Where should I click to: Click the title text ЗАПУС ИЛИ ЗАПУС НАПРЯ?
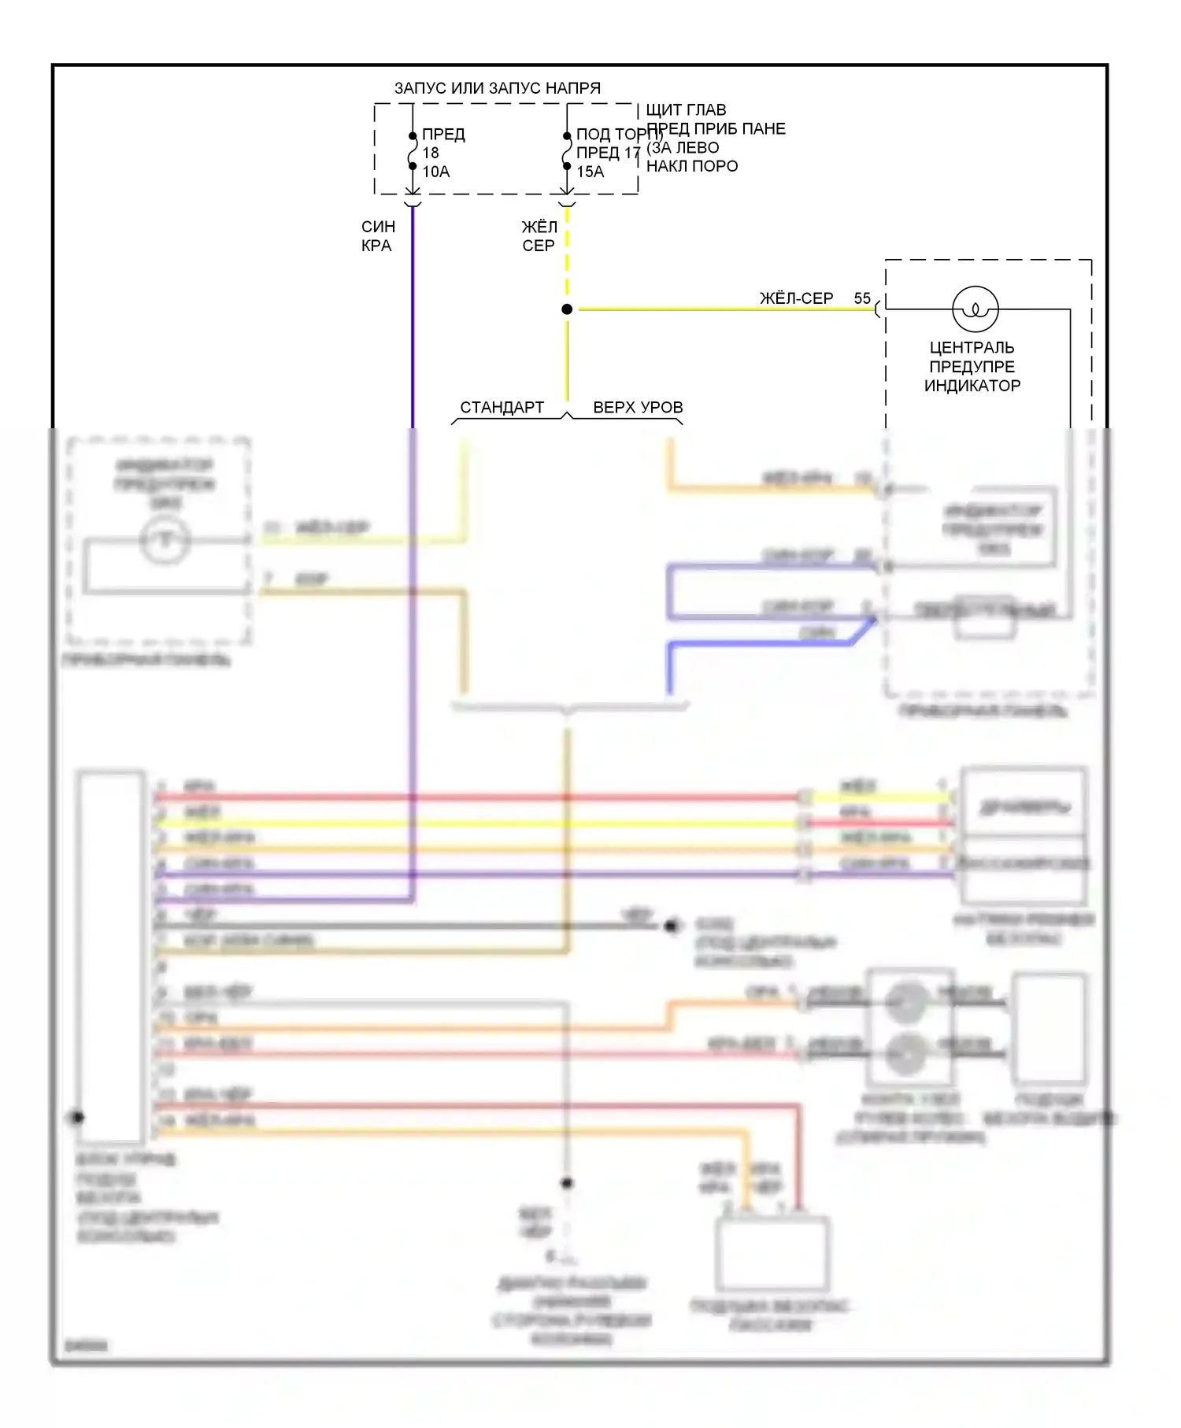click(x=497, y=88)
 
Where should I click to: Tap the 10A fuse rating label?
click(x=436, y=172)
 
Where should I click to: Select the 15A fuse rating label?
click(x=590, y=172)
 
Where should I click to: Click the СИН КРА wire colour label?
click(x=377, y=236)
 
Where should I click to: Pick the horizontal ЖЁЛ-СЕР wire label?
click(x=796, y=298)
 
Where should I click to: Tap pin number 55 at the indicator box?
click(x=862, y=298)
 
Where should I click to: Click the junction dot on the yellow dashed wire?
click(x=567, y=309)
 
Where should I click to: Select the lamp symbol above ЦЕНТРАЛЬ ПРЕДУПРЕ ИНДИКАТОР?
click(x=976, y=309)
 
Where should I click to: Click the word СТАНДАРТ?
click(x=502, y=408)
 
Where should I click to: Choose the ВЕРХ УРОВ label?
click(x=638, y=408)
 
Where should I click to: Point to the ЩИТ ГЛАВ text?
click(x=686, y=110)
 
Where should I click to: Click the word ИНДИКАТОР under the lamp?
click(x=972, y=386)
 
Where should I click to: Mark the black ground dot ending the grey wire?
click(x=672, y=927)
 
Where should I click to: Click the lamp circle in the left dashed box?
click(x=165, y=540)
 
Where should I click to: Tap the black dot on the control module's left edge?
click(x=77, y=1117)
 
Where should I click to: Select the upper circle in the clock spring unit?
click(x=907, y=1001)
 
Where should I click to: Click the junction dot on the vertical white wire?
click(x=566, y=1183)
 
